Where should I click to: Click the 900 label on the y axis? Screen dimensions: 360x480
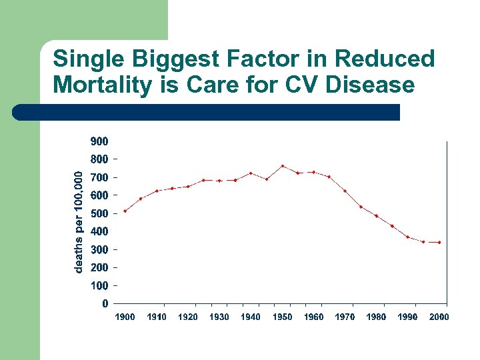[x=99, y=141]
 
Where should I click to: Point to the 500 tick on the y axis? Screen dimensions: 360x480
[x=99, y=213]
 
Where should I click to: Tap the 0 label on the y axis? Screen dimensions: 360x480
[x=105, y=303]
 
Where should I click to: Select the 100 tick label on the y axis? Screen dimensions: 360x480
[x=99, y=285]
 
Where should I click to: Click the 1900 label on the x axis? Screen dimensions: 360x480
[x=125, y=317]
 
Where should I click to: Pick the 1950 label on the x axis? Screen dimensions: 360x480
[x=282, y=317]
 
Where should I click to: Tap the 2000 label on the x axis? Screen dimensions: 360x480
[x=439, y=317]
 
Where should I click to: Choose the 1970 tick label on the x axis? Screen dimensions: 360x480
[x=345, y=317]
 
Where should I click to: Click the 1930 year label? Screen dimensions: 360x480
[x=219, y=317]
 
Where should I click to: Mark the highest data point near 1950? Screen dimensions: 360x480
[x=283, y=166]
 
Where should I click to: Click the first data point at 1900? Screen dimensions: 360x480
[x=125, y=211]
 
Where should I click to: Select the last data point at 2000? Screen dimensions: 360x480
[x=439, y=242]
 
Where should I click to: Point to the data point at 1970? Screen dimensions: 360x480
[x=345, y=191]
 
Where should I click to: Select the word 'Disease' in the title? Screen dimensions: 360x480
[x=373, y=85]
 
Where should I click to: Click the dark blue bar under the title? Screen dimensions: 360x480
[x=207, y=112]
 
